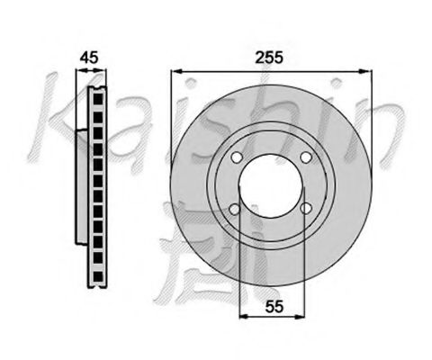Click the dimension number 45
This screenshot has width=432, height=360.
pyautogui.click(x=88, y=58)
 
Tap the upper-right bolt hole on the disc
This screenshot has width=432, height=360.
pyautogui.click(x=307, y=159)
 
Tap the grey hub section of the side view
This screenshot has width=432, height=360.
pyautogui.click(x=80, y=184)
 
